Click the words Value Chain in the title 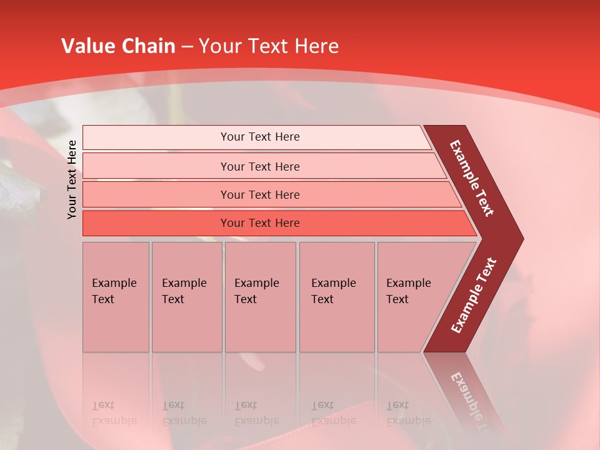click(118, 46)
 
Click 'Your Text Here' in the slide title click(269, 46)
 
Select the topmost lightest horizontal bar click(156, 137)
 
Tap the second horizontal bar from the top click(156, 166)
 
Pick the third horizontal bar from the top click(156, 194)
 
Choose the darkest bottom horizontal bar click(156, 223)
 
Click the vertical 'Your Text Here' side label click(72, 179)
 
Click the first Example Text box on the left click(116, 297)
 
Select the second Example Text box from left click(186, 297)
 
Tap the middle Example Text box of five click(260, 297)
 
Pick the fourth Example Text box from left click(336, 297)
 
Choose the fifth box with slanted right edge click(412, 297)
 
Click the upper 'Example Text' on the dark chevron click(472, 178)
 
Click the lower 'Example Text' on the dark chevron click(474, 296)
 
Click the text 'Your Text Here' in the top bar click(260, 137)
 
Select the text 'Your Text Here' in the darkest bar click(260, 223)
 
